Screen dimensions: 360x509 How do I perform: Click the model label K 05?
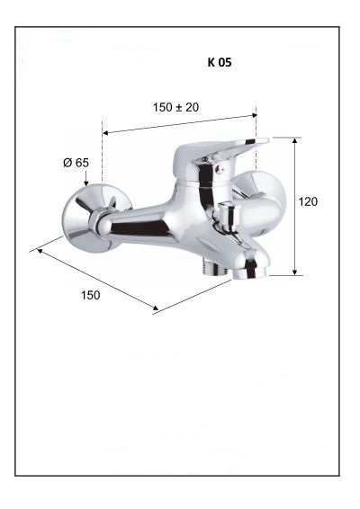[x=220, y=62]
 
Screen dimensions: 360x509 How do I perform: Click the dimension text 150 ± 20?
[x=175, y=107]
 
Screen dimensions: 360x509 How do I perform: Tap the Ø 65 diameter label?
[x=76, y=162]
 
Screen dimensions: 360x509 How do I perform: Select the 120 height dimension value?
[x=308, y=201]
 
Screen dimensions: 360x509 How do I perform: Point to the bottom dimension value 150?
[x=90, y=295]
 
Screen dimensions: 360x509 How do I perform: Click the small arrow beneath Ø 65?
[x=86, y=178]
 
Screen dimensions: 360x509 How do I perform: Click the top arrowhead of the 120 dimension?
[x=294, y=140]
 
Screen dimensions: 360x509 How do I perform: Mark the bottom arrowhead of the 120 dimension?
[x=294, y=272]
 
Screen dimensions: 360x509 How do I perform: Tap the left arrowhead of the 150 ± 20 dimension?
[x=105, y=132]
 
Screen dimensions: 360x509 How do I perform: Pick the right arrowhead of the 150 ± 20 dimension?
[x=254, y=115]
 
